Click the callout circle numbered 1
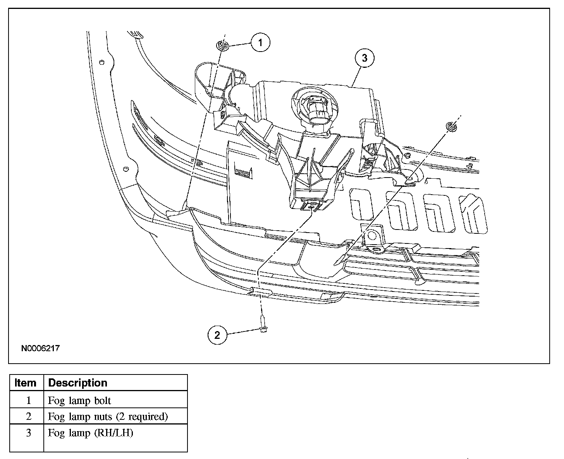pyautogui.click(x=260, y=42)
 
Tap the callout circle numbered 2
pyautogui.click(x=217, y=335)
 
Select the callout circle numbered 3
pyautogui.click(x=365, y=58)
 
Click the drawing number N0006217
pyautogui.click(x=40, y=348)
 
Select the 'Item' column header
pyautogui.click(x=26, y=383)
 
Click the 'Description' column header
pyautogui.click(x=78, y=383)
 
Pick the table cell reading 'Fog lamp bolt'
pyautogui.click(x=79, y=400)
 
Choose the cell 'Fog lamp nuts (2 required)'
pyautogui.click(x=108, y=417)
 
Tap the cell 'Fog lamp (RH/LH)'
pyautogui.click(x=90, y=433)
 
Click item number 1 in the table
pyautogui.click(x=28, y=400)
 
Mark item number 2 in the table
pyautogui.click(x=28, y=417)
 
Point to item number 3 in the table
pyautogui.click(x=28, y=433)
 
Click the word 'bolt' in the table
pyautogui.click(x=103, y=400)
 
